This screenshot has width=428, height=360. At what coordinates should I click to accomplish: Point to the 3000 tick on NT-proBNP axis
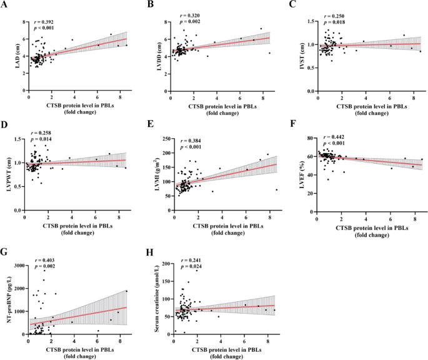19,266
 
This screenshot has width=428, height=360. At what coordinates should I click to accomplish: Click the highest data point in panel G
44,271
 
